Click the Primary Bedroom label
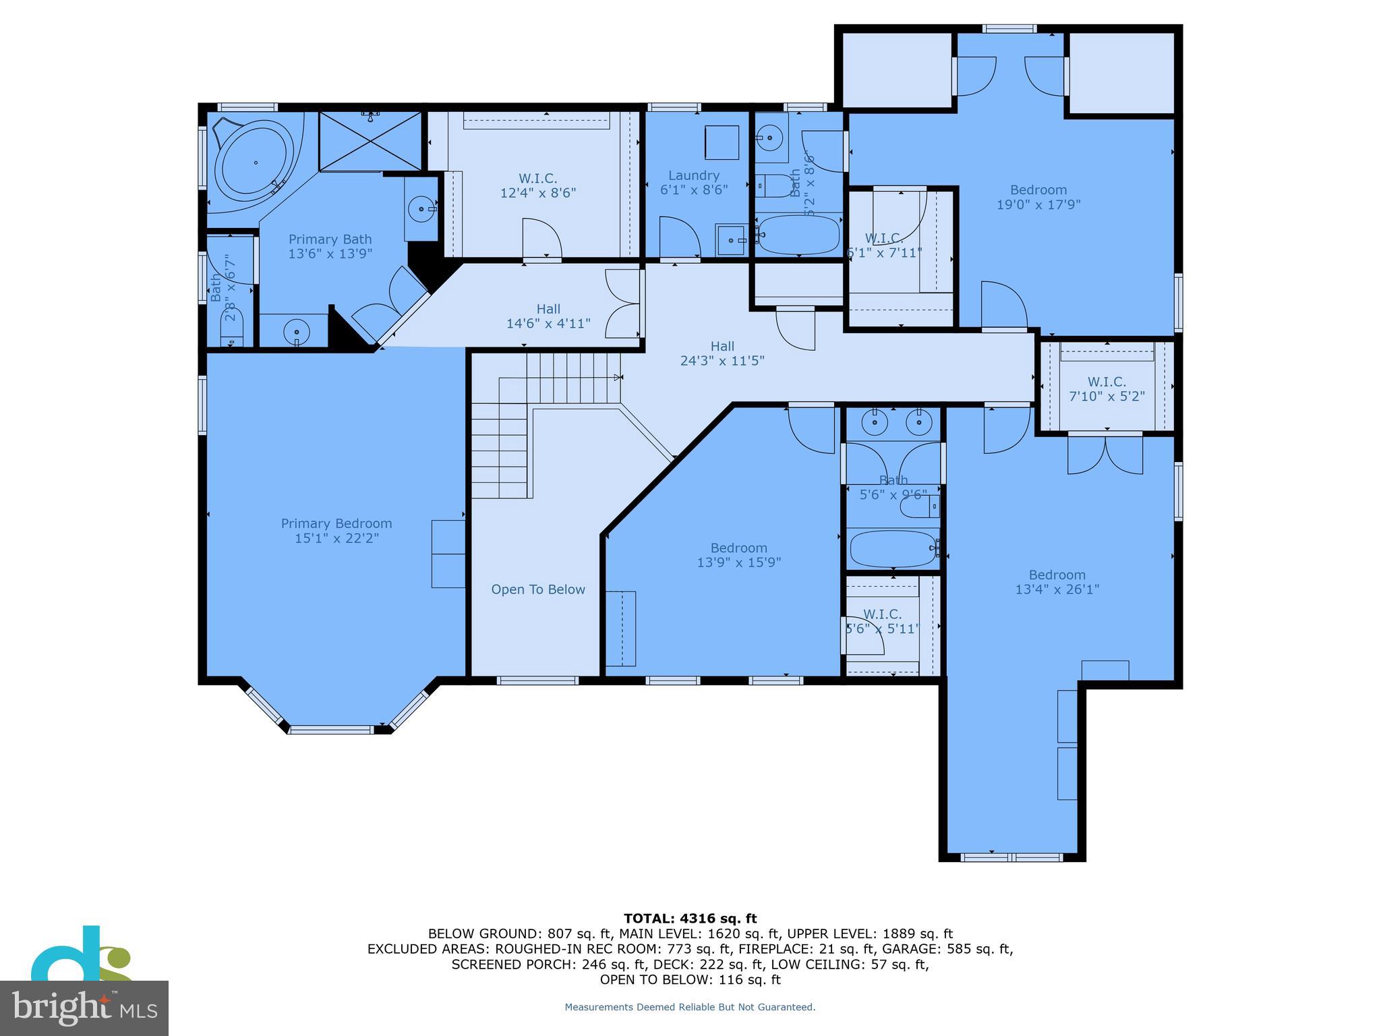click(x=336, y=531)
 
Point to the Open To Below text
click(x=538, y=589)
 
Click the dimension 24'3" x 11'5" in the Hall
click(x=722, y=361)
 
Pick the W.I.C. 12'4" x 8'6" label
click(x=537, y=185)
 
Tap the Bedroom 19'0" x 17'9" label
click(x=1038, y=197)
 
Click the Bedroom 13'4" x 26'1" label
click(x=1057, y=582)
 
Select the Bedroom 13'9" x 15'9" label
click(x=738, y=555)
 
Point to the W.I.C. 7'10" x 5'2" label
click(x=1107, y=389)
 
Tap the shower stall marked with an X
click(x=369, y=142)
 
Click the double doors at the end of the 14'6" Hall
click(x=622, y=304)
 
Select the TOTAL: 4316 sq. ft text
click(x=690, y=919)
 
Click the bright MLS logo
click(x=84, y=1008)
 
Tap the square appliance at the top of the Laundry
click(x=722, y=142)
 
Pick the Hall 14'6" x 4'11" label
click(x=548, y=316)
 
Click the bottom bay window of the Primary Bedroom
click(x=330, y=729)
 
